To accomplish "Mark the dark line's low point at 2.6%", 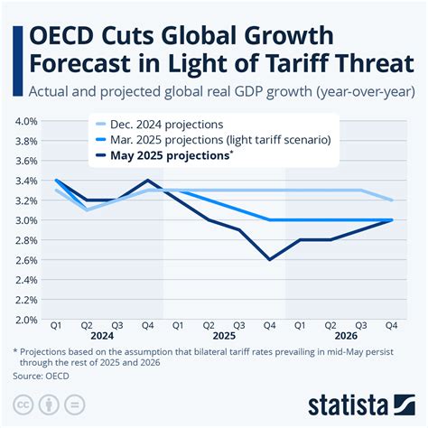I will coord(269,259).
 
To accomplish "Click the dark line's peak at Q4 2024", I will coord(148,180).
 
